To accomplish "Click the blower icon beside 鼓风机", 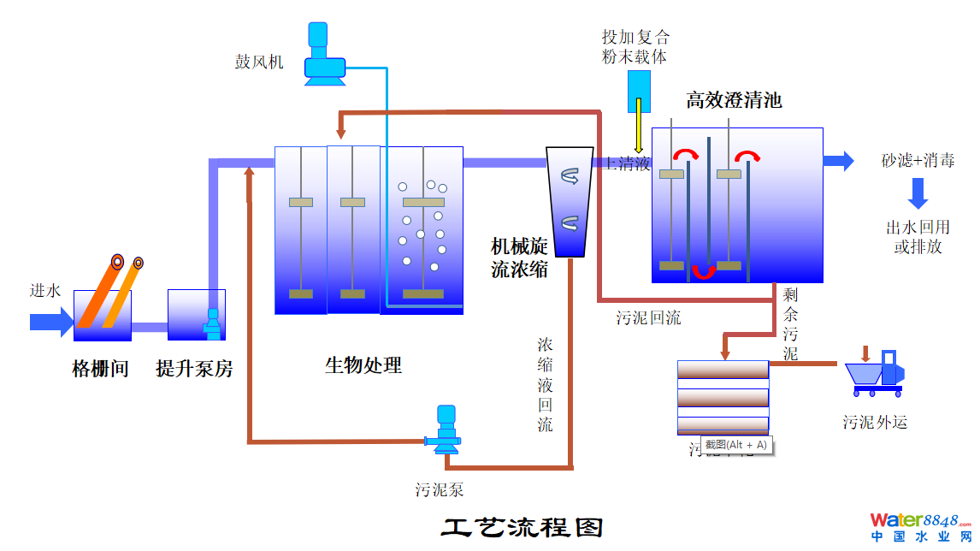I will pos(324,55).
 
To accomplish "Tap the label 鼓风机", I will pos(259,62).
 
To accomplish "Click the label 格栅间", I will pos(100,370).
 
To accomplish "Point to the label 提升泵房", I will pos(194,370).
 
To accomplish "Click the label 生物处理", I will pos(363,366).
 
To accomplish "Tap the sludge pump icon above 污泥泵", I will pos(444,430).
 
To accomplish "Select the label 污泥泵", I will pos(440,490).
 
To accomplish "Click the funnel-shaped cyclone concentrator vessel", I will pos(570,202).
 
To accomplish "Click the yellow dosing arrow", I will pos(639,127).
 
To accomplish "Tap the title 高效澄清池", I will pos(734,101).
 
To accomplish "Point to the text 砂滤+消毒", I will pos(918,160).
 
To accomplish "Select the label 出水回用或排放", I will pos(918,237).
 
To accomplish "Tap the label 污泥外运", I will pos(874,422).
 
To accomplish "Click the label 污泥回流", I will pos(649,318).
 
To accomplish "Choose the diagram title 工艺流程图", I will pos(522,525).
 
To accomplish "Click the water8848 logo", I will pos(920,526).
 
